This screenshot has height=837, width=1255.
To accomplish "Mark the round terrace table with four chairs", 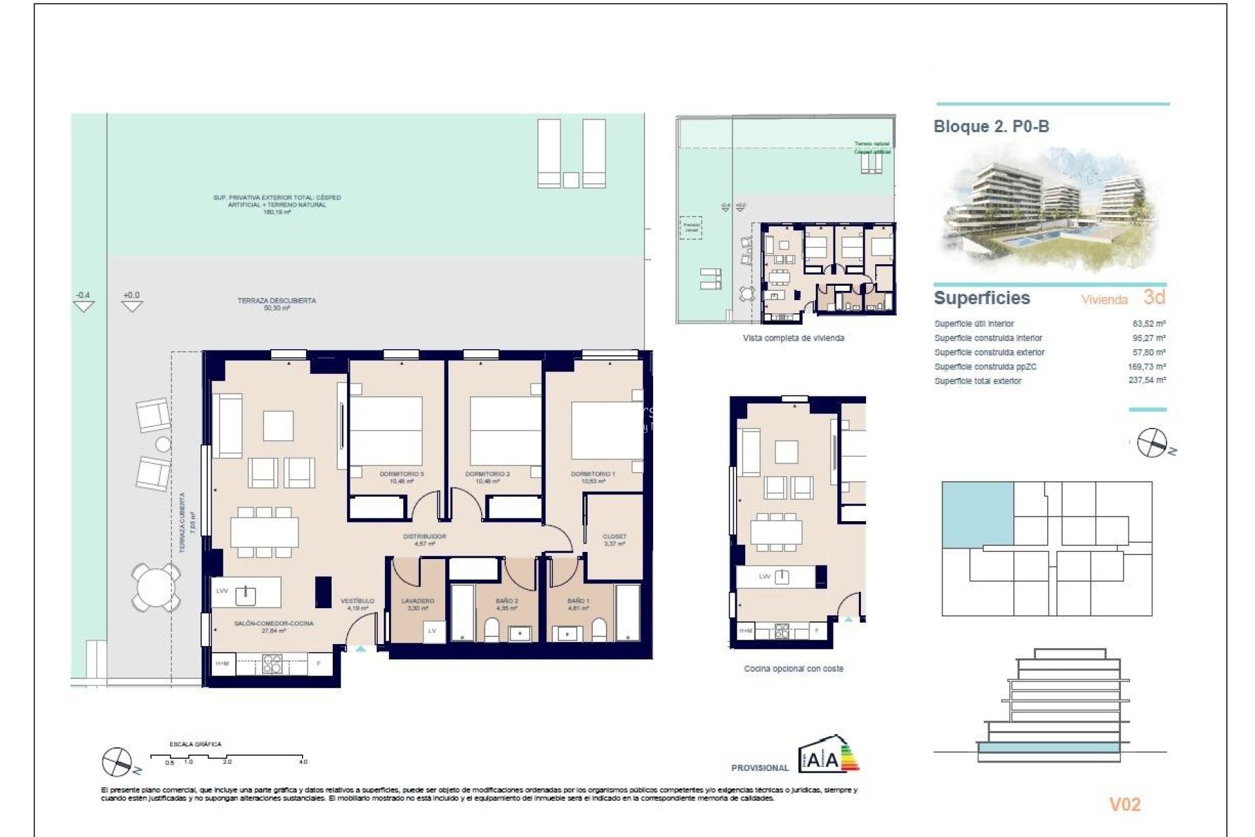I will (156, 587).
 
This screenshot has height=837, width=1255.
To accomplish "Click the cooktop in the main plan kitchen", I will (272, 664).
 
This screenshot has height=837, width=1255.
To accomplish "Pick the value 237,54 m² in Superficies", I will (1146, 380).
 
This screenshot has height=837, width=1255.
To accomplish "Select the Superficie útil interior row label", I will (974, 324).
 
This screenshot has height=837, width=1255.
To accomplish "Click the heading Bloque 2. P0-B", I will (991, 126).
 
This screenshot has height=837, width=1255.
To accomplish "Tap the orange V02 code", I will (1124, 804).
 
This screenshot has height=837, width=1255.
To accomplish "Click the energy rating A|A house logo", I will (828, 755).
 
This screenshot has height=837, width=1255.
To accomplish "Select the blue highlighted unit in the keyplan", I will (977, 513).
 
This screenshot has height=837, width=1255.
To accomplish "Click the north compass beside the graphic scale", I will (118, 762).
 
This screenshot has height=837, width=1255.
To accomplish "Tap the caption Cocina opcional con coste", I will (794, 668).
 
